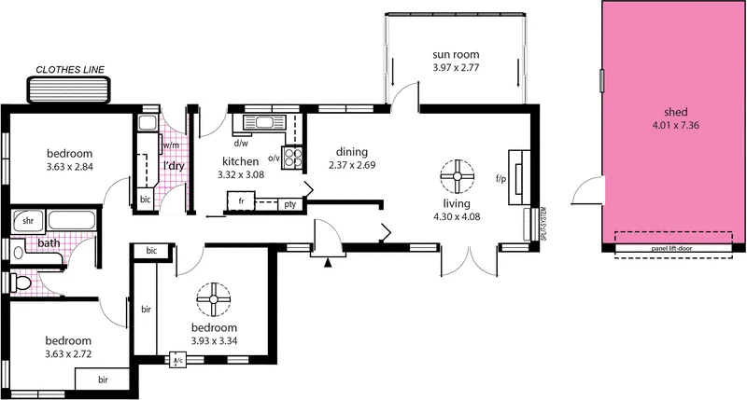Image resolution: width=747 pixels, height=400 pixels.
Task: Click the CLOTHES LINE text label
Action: point(69,69)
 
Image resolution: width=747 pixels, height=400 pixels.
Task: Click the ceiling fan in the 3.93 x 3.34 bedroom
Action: point(214,301)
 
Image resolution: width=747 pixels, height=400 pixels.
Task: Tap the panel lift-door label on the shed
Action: point(673,250)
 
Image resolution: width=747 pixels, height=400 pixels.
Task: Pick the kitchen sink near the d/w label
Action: point(260,122)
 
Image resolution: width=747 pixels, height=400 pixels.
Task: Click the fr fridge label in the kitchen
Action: point(241,200)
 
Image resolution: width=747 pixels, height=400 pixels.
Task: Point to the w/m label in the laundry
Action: point(170,146)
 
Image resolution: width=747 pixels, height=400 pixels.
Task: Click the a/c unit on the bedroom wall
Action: point(177,359)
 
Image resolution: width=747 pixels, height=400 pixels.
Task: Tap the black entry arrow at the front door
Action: point(327,265)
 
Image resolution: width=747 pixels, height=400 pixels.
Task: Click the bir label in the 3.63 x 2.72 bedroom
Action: point(103,380)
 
